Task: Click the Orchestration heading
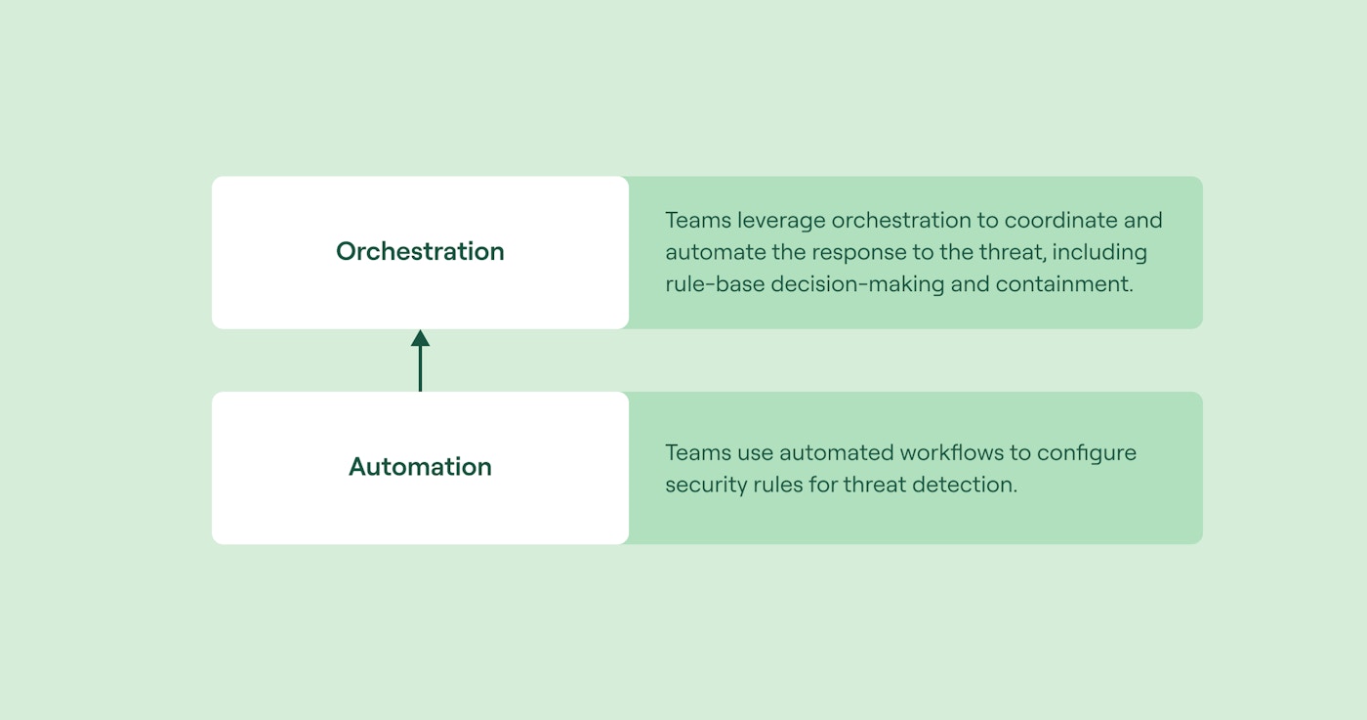click(420, 251)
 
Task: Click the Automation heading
click(420, 467)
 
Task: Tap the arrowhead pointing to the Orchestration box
click(420, 339)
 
